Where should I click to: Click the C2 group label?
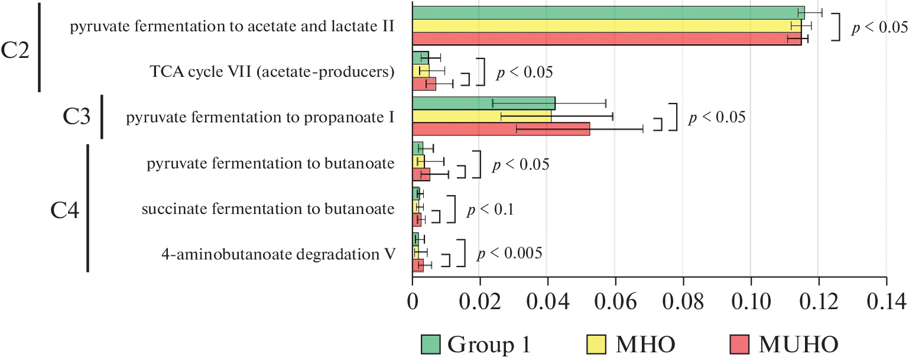click(x=15, y=51)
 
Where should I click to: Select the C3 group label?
click(x=77, y=118)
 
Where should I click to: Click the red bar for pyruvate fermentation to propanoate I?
click(x=501, y=129)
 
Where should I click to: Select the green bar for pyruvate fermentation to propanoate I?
click(x=483, y=103)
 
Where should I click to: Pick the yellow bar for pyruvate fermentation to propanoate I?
click(x=482, y=116)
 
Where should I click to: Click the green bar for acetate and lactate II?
click(x=608, y=12)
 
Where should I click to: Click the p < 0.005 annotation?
click(x=509, y=253)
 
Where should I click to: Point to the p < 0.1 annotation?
click(x=491, y=209)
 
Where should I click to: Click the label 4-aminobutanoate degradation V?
click(x=278, y=254)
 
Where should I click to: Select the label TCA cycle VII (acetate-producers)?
click(x=272, y=72)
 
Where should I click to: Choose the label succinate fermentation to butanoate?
click(x=268, y=209)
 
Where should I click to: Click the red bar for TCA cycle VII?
click(x=424, y=84)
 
